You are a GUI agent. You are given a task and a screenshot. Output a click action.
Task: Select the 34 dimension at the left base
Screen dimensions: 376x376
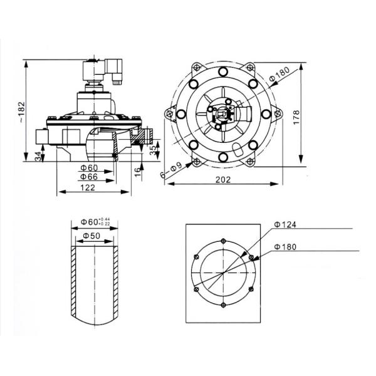[x=38, y=155]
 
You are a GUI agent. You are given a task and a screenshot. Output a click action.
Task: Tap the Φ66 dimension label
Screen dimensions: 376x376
[x=90, y=178]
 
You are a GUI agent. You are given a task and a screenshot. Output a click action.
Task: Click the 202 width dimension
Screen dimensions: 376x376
[x=224, y=179]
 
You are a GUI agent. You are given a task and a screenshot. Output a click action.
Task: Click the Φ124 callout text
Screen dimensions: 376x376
[x=285, y=225]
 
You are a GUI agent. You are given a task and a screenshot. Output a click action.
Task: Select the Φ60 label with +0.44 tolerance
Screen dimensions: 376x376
[x=95, y=222]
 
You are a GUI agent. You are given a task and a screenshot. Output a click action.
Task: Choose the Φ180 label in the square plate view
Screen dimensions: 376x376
[x=285, y=247]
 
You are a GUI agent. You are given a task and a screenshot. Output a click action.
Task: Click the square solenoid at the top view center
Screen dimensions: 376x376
[x=224, y=115]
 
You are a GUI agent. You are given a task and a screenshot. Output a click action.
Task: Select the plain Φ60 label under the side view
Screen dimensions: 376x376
[x=90, y=168]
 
